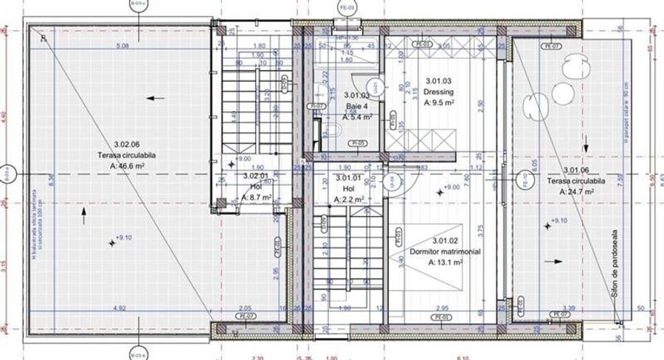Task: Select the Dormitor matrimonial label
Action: click(445, 252)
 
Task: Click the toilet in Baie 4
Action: click(332, 131)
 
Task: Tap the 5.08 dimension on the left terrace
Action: click(122, 46)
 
